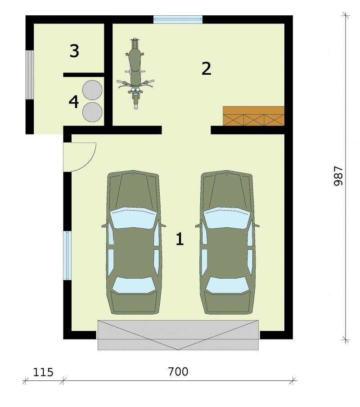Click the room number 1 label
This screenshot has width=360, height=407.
(x=180, y=239)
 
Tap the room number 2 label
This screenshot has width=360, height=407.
(x=207, y=68)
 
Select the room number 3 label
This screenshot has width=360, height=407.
(x=74, y=51)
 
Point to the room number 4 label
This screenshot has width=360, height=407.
(x=74, y=102)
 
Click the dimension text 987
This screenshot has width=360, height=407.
(x=338, y=176)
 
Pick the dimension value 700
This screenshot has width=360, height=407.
(x=178, y=372)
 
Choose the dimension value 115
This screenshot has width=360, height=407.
(x=43, y=372)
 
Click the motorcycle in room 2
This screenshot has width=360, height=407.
(x=135, y=74)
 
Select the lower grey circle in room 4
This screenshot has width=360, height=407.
(x=92, y=112)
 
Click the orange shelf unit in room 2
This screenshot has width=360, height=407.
(x=254, y=116)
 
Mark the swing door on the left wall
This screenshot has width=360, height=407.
(x=80, y=157)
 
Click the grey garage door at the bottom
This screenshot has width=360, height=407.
(x=178, y=335)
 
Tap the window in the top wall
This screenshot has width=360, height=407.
(x=178, y=19)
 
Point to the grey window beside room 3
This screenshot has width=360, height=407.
(x=30, y=74)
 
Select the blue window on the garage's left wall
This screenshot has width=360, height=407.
(x=67, y=256)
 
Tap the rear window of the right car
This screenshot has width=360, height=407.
(x=227, y=285)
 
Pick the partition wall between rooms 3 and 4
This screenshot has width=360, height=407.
(x=84, y=75)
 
